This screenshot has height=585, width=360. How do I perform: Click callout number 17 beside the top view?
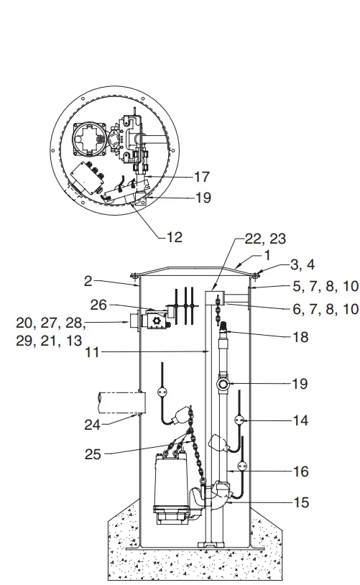coord(203,176)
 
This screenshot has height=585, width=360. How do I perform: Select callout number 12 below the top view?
coord(173,236)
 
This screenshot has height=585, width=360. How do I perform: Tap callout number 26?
coord(99,305)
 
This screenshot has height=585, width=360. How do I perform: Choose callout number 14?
coord(300,420)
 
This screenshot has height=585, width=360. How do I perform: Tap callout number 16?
coord(300,471)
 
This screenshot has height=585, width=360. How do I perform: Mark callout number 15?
coord(300,502)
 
